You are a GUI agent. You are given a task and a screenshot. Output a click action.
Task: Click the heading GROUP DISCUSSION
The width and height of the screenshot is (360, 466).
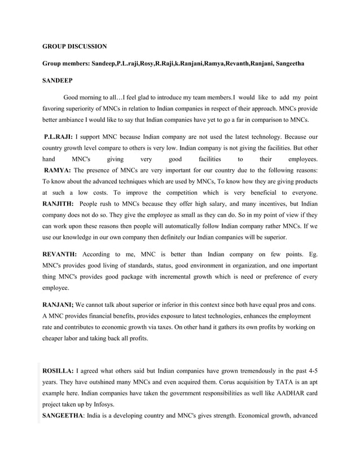click(75, 46)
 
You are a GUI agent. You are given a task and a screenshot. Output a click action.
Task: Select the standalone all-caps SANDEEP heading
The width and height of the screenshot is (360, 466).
click(57, 81)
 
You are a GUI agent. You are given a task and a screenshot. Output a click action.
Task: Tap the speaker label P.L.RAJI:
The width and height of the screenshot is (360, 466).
click(58, 137)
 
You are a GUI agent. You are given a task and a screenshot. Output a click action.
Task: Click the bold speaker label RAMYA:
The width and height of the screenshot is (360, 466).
click(58, 170)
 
